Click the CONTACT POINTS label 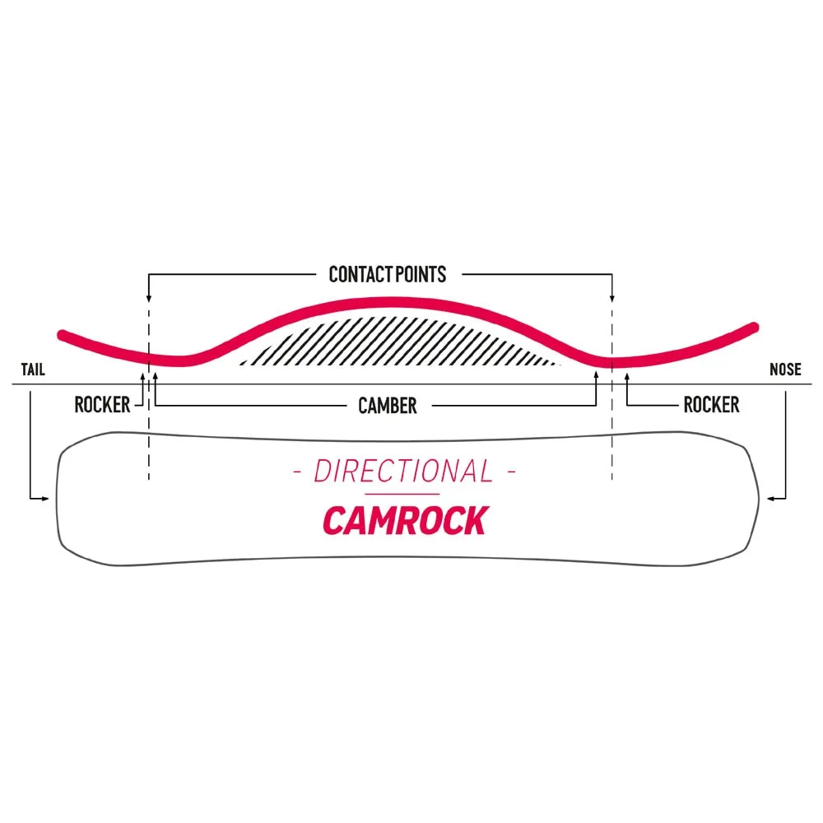click(x=387, y=274)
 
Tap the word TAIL click(x=33, y=370)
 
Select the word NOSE click(x=785, y=370)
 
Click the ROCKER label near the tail click(x=102, y=404)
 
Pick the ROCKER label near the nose click(x=711, y=404)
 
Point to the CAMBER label click(x=387, y=405)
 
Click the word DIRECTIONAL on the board click(x=403, y=472)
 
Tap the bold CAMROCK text click(x=404, y=520)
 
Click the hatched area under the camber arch click(x=395, y=342)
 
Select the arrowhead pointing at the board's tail click(x=49, y=498)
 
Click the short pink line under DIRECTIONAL click(x=403, y=494)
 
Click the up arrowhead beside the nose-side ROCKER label click(x=627, y=377)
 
